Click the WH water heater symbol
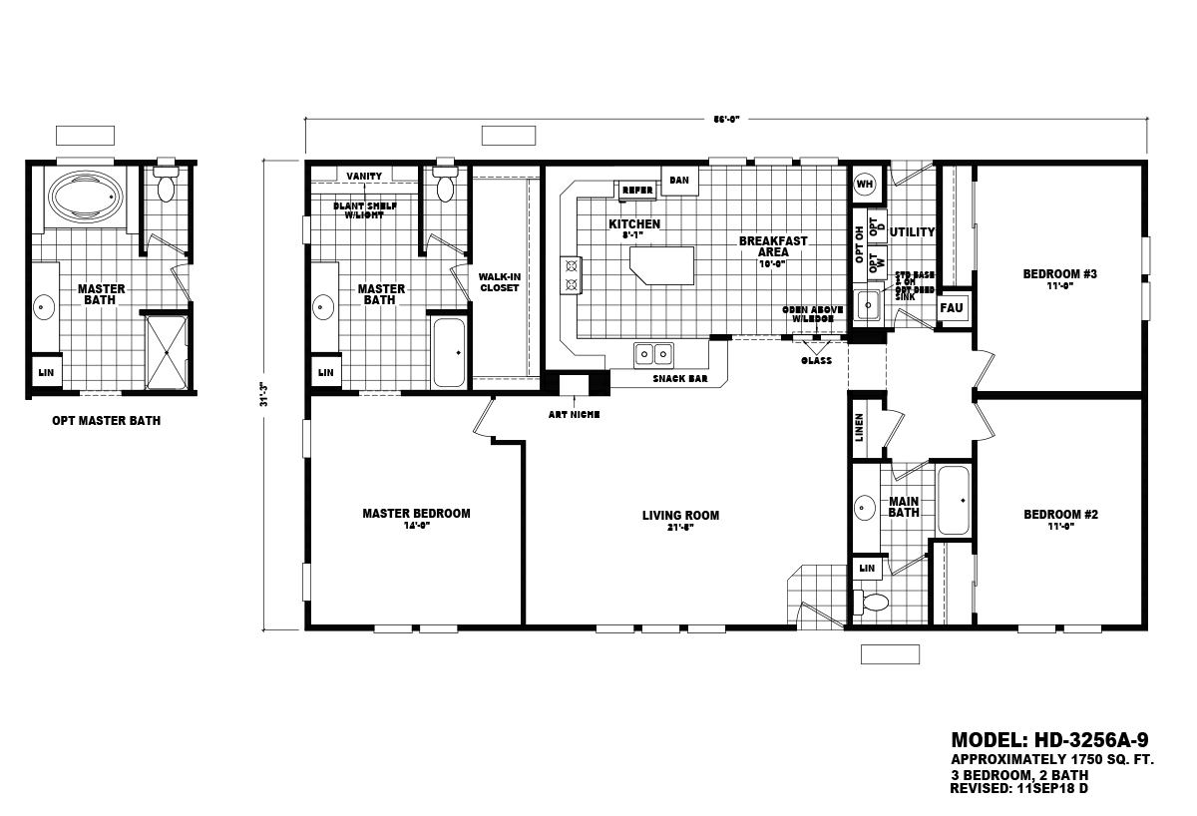[864, 184]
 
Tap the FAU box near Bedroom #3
[952, 307]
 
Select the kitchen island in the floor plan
[660, 264]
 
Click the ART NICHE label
[574, 414]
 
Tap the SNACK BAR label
[680, 379]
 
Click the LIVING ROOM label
[680, 516]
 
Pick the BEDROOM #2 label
[1060, 515]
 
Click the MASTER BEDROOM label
[416, 514]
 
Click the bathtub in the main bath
[954, 500]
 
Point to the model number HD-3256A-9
[1049, 740]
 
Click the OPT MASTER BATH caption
[106, 421]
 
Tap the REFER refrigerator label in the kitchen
[636, 190]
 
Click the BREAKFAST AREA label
[772, 246]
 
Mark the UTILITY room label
[912, 232]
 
